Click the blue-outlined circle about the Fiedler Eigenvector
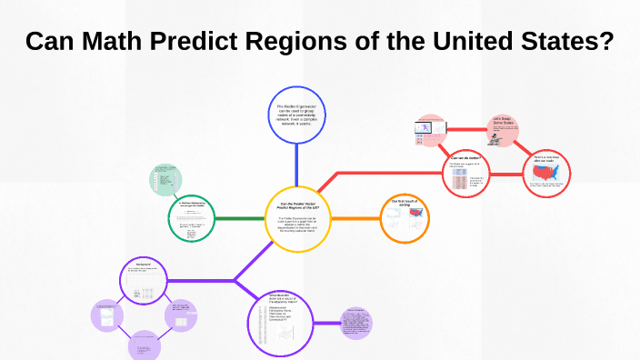coord(297,115)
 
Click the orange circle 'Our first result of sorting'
coord(404,218)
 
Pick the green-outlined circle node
coord(193,219)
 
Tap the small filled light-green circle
coord(166,179)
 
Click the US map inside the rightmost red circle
coord(548,175)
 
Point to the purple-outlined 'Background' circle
coord(145,282)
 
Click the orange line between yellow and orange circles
coord(352,218)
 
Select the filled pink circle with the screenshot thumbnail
coord(429,132)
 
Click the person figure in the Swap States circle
coord(496,138)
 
